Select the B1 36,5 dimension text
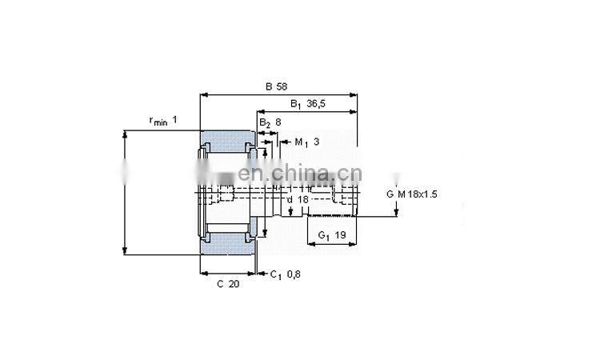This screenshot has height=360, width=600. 307,103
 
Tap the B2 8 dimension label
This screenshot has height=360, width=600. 270,122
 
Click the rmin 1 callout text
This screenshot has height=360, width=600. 162,121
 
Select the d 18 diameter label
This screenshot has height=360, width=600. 298,198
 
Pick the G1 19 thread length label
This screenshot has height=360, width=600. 331,235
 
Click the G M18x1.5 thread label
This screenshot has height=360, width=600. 413,194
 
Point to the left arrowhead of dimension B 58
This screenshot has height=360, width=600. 202,94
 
